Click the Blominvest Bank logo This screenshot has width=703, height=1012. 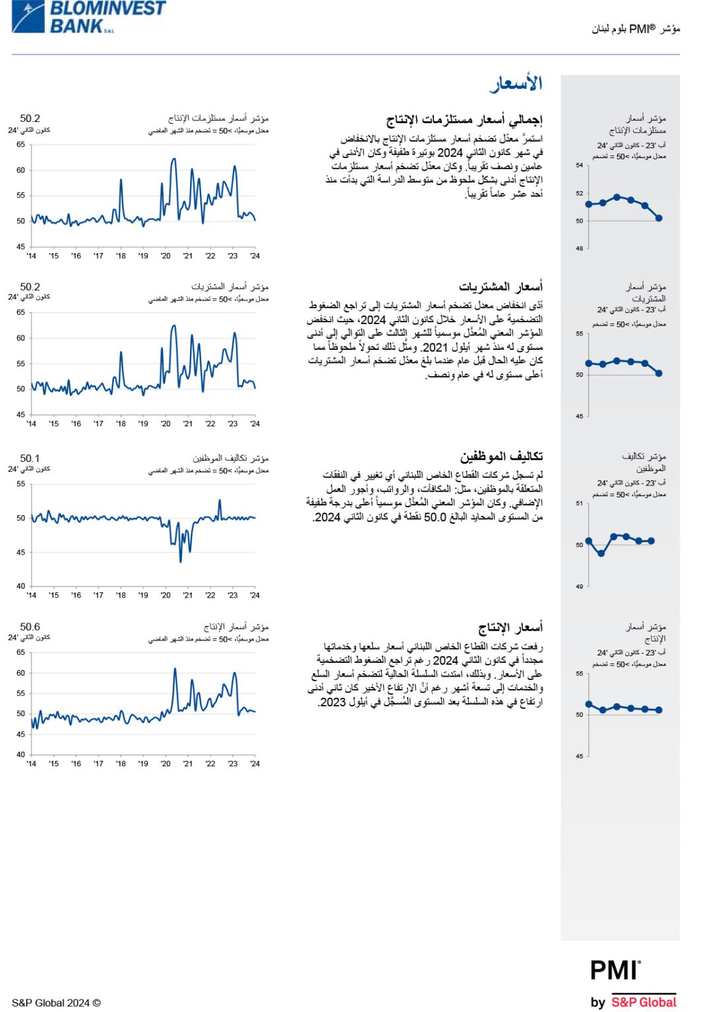(x=88, y=17)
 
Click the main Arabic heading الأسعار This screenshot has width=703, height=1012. (x=516, y=84)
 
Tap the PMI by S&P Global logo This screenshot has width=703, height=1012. (x=633, y=984)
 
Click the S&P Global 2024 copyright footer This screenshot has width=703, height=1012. (x=56, y=1003)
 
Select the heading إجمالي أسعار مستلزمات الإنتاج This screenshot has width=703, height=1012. (x=464, y=120)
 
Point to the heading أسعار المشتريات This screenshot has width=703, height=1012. (x=501, y=287)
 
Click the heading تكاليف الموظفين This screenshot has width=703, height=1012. (x=501, y=456)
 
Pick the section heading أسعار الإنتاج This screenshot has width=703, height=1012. (x=510, y=627)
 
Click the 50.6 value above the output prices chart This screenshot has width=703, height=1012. (x=30, y=627)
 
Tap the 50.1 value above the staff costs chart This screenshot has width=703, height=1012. (x=30, y=458)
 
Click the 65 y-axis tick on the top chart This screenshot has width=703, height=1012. (x=21, y=144)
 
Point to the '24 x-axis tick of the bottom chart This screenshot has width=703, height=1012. (x=255, y=764)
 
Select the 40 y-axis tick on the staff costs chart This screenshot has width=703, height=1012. (x=21, y=586)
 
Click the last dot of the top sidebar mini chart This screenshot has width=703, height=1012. (x=659, y=218)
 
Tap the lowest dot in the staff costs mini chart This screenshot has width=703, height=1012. (x=601, y=553)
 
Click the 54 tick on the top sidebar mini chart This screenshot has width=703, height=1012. (x=580, y=165)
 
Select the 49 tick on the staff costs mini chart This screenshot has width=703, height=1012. (x=580, y=586)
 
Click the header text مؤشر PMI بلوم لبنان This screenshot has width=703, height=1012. (x=636, y=29)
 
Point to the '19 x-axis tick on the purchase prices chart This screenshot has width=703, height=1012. (x=143, y=424)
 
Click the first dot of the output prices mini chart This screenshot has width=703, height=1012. (x=589, y=704)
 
